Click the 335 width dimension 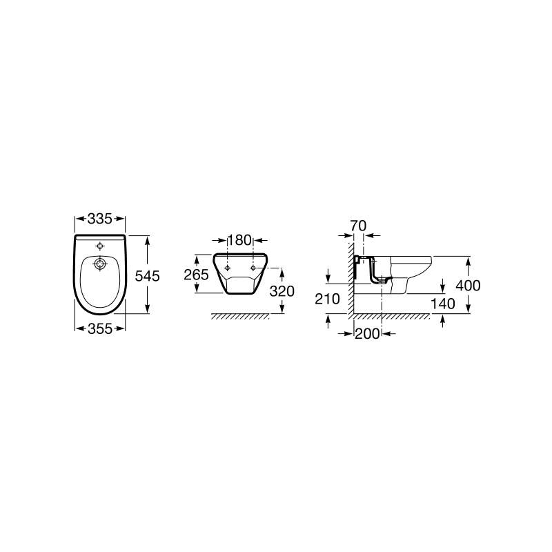[99, 219]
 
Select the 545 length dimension [148, 276]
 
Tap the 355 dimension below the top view [100, 329]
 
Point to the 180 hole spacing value [239, 240]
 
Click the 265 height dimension [197, 275]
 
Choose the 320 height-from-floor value [282, 291]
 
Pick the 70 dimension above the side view [358, 226]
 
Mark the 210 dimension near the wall [327, 299]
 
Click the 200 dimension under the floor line [367, 334]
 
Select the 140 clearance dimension [443, 304]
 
